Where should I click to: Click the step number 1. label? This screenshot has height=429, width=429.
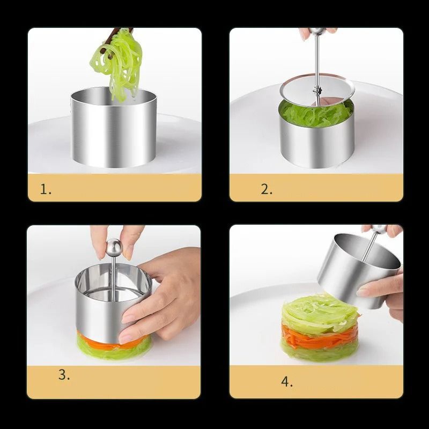(46, 189)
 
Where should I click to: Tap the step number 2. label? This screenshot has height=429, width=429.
(267, 189)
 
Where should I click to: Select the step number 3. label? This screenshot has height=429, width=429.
(64, 375)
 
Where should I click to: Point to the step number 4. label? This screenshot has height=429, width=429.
(287, 382)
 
